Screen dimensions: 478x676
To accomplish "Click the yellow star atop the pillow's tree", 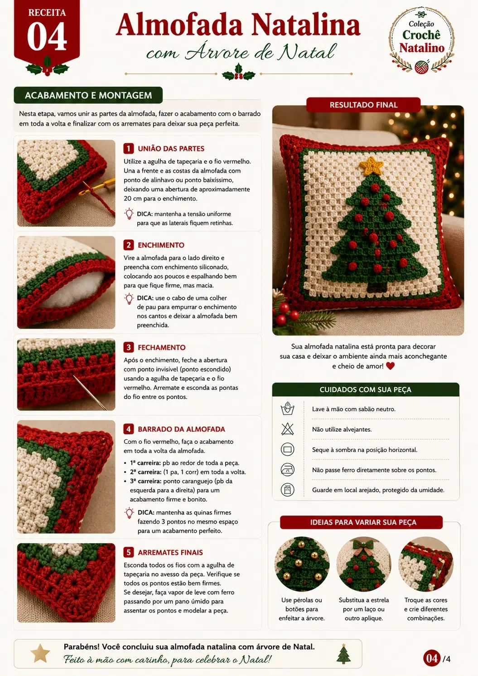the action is click(371, 165).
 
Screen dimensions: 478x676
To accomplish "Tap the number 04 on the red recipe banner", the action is click(47, 37).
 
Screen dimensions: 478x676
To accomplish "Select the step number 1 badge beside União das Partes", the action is click(129, 148).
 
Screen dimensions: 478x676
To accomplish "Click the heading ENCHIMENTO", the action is click(161, 245).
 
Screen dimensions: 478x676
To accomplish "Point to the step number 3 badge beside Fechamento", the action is click(129, 347).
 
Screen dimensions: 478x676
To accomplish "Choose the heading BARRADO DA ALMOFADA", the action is click(182, 429).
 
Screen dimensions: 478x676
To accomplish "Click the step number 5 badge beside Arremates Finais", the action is click(129, 553).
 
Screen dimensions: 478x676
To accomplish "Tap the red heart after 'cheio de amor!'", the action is click(390, 366).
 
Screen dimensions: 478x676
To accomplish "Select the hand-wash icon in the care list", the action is click(287, 409).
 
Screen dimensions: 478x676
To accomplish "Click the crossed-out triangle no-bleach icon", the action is click(287, 429).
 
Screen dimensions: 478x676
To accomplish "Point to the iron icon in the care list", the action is click(287, 470).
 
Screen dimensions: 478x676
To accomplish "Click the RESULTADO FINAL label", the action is click(363, 105).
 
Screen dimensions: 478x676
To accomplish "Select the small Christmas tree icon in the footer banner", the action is click(343, 654).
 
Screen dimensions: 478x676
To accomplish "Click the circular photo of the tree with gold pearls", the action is click(302, 564).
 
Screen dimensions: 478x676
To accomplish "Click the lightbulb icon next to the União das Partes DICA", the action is click(129, 214).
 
